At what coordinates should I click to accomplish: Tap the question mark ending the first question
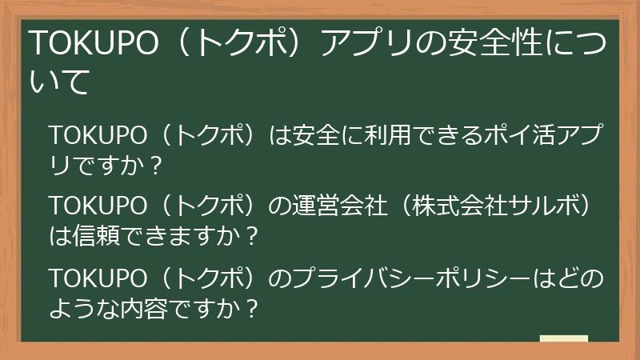157,162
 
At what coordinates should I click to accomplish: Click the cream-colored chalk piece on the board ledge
564,338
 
